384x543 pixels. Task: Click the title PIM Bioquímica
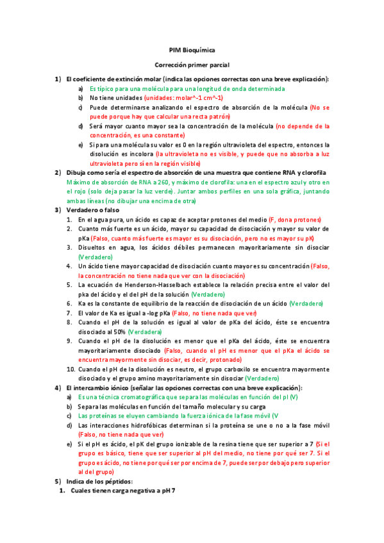tap(192, 50)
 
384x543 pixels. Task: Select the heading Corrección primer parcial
tap(192, 65)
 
